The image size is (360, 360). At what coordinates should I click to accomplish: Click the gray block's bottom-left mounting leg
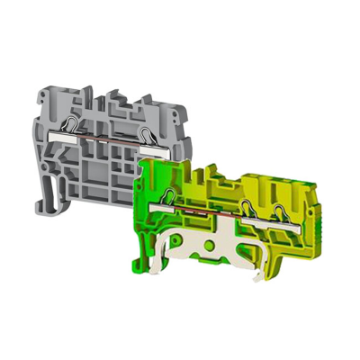[x=55, y=190]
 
